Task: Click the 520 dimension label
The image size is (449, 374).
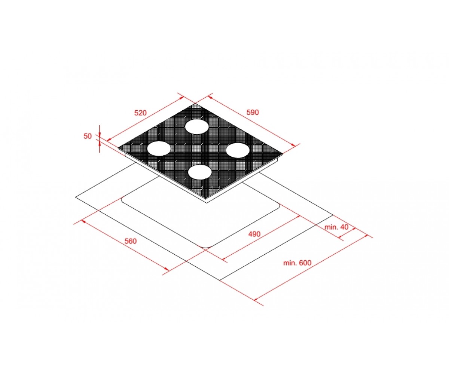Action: click(x=140, y=113)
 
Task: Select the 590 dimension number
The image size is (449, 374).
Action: click(x=253, y=112)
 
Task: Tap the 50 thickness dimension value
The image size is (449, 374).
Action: click(x=88, y=136)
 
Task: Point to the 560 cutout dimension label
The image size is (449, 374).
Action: click(x=131, y=241)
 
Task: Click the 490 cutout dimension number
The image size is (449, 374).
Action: click(x=254, y=234)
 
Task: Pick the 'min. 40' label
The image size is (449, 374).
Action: click(x=336, y=227)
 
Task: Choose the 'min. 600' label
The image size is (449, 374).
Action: click(x=297, y=263)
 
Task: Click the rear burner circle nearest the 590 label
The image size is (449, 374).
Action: click(x=197, y=127)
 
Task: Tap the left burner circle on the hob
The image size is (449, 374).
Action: click(x=159, y=148)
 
